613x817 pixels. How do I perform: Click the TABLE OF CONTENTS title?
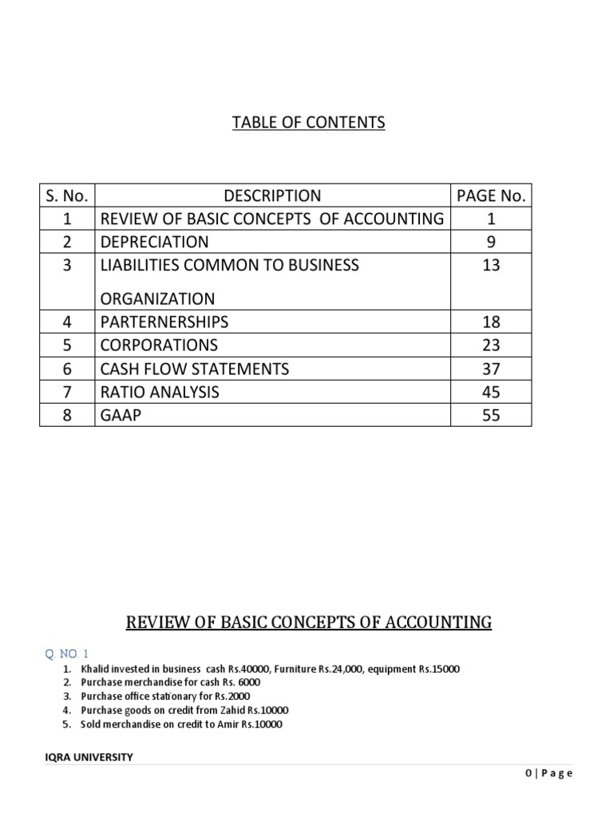(308, 122)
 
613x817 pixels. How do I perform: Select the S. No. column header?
(67, 195)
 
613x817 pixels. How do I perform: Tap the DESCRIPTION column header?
(272, 195)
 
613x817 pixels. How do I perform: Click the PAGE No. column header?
(491, 195)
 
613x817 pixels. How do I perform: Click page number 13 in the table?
(491, 265)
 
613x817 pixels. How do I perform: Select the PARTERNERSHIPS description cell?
(164, 322)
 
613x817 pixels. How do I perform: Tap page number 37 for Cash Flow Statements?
(491, 369)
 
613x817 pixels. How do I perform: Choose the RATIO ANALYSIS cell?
(158, 392)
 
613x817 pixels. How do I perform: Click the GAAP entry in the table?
(120, 415)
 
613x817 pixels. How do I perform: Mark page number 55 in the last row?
(491, 415)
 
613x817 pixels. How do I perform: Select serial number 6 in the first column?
(67, 369)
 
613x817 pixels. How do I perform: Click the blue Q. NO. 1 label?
(68, 653)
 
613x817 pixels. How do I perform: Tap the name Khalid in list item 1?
(96, 668)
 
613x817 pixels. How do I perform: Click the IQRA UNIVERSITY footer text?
(89, 758)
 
